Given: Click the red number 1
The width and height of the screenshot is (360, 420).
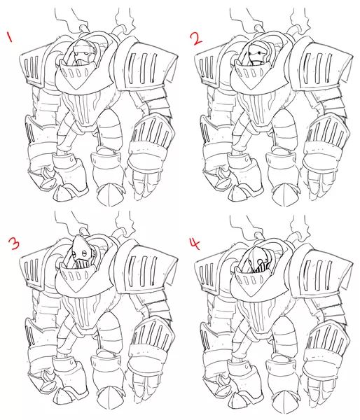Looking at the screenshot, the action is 10,36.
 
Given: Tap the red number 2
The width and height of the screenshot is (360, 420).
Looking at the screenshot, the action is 197,38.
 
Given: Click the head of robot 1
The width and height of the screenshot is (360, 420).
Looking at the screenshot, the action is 83,52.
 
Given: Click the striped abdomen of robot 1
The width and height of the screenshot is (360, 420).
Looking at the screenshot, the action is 83,107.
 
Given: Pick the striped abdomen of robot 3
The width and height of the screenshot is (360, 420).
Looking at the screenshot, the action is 83,310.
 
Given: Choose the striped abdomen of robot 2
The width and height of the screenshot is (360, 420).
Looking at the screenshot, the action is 258,108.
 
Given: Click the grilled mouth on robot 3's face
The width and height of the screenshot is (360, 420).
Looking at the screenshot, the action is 83,263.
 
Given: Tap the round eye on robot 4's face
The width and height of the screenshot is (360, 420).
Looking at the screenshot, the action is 259,261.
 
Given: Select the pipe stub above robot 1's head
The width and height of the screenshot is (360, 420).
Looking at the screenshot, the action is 83,29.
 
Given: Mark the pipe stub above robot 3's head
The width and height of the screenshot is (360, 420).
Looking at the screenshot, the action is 83,232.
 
